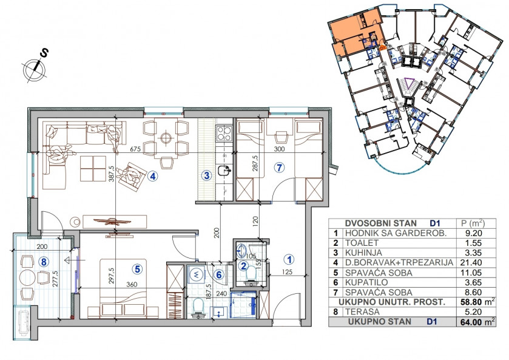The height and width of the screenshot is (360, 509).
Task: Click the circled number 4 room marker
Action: [152, 177]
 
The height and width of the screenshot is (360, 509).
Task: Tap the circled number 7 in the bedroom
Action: [279, 168]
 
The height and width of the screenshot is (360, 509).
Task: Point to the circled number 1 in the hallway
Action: [289, 259]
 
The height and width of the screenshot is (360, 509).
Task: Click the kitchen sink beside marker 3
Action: [224, 170]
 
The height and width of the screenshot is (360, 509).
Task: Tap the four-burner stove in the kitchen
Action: [224, 134]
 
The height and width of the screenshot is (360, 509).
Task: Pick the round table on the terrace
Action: [28, 278]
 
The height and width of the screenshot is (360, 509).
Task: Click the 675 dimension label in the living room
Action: [135, 149]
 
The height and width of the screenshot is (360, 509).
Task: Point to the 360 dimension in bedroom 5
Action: [132, 284]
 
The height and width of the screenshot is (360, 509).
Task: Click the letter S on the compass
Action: [44, 53]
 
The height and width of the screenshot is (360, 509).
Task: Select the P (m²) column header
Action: [473, 223]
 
